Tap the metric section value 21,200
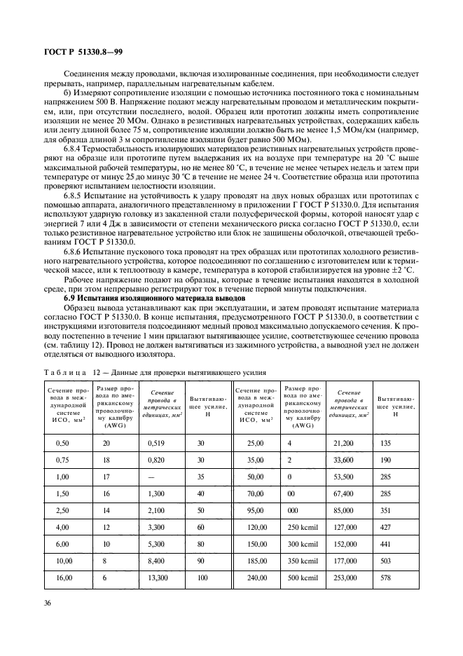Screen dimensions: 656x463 344,443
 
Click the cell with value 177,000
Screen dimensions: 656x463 345,561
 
